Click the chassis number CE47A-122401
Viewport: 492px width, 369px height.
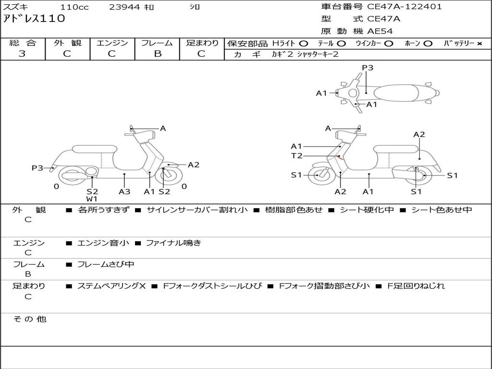(404, 7)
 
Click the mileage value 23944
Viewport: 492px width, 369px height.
(125, 7)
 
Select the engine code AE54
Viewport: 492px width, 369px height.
(380, 31)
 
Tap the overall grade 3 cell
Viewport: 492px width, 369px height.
(22, 54)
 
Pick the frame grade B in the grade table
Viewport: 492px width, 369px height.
(157, 54)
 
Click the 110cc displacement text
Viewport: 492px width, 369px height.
(74, 7)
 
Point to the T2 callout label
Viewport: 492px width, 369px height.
(296, 156)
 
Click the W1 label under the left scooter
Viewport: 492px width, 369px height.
(92, 199)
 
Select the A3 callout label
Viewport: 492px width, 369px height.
(124, 192)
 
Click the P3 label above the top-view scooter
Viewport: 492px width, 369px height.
(368, 68)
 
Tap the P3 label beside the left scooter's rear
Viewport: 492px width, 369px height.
(37, 168)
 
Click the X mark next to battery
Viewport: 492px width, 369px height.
(479, 44)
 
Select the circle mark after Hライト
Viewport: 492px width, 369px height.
(304, 44)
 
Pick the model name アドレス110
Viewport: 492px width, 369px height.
(34, 19)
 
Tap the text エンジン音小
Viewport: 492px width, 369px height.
(103, 243)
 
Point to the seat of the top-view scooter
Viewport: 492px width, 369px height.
(395, 93)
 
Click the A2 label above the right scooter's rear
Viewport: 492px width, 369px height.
(419, 135)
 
